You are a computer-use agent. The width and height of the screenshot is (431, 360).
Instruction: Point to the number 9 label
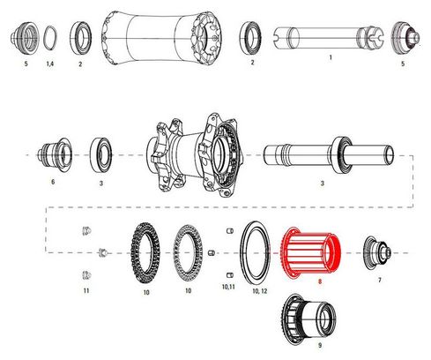pyautogui.click(x=307, y=349)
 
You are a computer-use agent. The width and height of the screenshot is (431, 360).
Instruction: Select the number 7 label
pyautogui.click(x=379, y=280)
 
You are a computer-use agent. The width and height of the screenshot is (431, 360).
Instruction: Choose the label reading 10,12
pyautogui.click(x=257, y=289)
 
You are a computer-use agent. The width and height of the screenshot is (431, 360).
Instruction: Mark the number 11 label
pyautogui.click(x=85, y=290)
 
